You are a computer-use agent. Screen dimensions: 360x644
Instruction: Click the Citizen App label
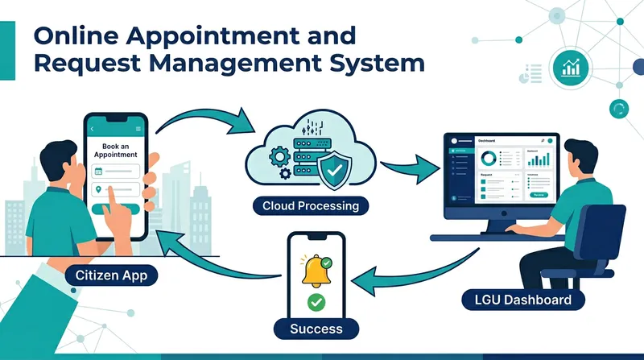click(x=113, y=275)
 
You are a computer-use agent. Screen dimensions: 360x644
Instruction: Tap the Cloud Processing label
click(x=310, y=206)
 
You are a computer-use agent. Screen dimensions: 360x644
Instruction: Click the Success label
click(x=316, y=328)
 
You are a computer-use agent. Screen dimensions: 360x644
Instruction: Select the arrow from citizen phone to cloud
click(x=205, y=118)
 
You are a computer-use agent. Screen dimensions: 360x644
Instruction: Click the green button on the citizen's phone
click(x=120, y=209)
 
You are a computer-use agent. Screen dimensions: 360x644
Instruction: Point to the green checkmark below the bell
click(x=316, y=303)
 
